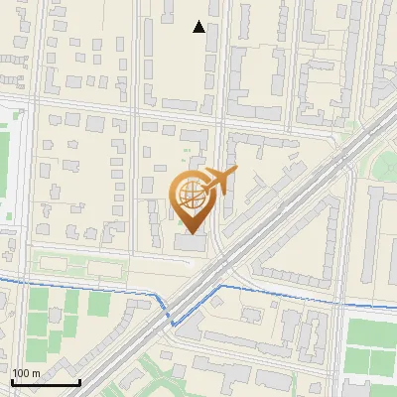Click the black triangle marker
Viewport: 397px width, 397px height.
(198, 27)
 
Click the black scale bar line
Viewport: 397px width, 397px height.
(45, 383)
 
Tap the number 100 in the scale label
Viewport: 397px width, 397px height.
(20, 373)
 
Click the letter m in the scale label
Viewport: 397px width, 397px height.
(35, 373)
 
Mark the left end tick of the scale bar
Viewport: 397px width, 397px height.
(11, 381)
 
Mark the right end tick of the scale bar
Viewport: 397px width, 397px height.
(79, 381)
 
